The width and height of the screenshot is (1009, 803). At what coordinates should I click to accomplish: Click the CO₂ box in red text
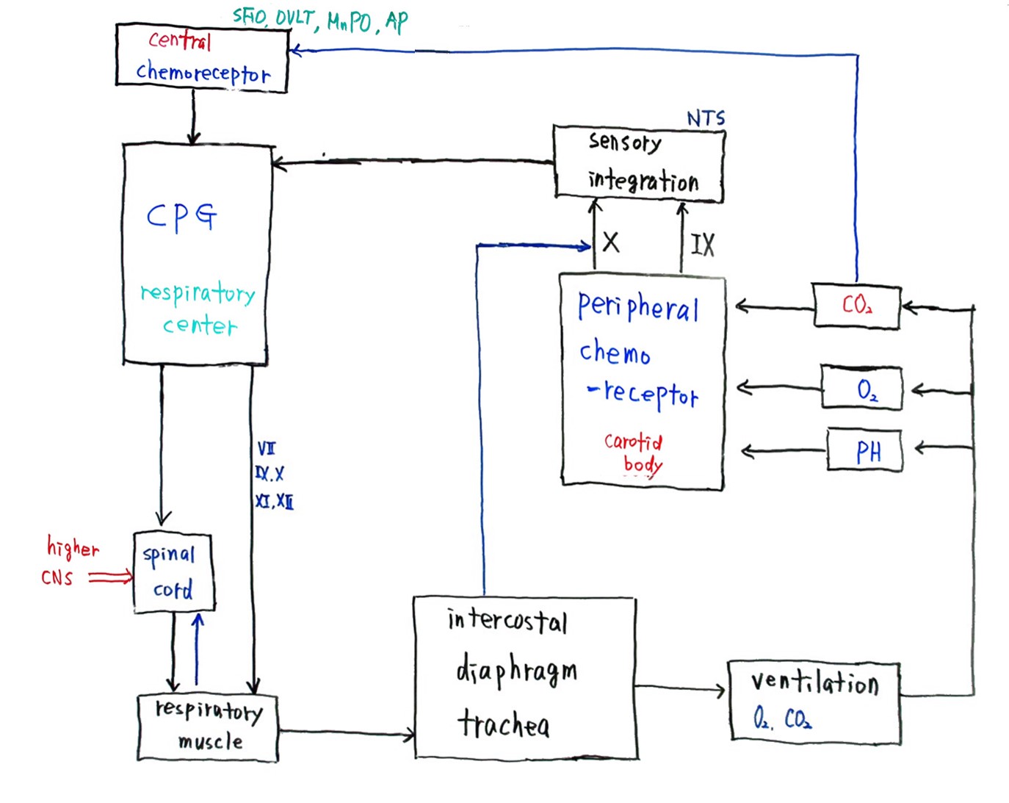[x=857, y=305]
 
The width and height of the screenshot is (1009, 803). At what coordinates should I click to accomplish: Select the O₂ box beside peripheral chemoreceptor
[x=861, y=388]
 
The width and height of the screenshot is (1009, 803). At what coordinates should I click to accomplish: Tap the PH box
[x=865, y=450]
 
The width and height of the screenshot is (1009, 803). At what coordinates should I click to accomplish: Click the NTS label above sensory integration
[x=705, y=118]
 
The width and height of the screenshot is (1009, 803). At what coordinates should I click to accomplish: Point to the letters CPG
[x=181, y=216]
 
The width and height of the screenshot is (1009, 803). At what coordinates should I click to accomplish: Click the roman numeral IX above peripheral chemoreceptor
[x=702, y=245]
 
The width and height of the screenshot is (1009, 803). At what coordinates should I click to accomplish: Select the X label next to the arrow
[x=610, y=242]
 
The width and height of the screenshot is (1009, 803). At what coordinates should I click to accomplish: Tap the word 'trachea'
[x=504, y=724]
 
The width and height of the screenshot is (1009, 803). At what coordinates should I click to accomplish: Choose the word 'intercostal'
[x=507, y=621]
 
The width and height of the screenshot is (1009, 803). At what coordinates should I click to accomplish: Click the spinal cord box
[x=174, y=572]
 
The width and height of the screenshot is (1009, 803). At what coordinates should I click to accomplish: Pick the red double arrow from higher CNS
[x=110, y=578]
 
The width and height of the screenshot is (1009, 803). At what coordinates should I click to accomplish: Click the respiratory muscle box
[x=208, y=727]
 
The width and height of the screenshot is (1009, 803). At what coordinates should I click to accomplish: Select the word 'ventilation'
[x=814, y=683]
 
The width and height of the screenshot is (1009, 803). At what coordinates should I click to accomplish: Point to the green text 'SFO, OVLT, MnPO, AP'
[x=320, y=20]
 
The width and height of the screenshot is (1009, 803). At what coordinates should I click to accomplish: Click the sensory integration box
[x=639, y=164]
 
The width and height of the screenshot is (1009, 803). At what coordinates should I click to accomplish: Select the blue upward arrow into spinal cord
[x=197, y=649]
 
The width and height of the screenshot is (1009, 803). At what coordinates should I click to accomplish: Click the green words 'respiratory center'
[x=198, y=309]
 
